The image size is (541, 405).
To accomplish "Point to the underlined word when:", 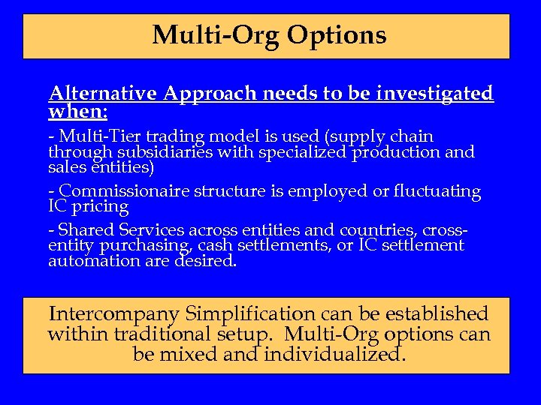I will pos(78,112).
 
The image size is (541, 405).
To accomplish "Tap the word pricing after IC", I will pos(100,206).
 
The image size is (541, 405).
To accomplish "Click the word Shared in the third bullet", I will pos(85,230).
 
